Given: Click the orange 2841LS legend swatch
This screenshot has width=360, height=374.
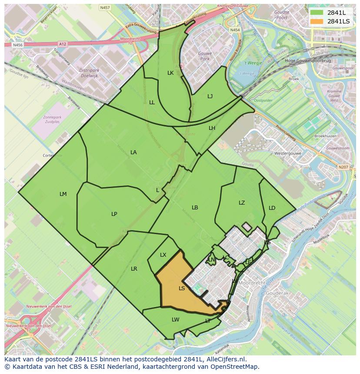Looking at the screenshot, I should [317, 21].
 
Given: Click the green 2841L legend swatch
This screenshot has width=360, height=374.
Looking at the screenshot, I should [317, 12].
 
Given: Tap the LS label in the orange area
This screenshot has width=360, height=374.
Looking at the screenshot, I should [182, 288].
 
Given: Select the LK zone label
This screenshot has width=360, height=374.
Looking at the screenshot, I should [170, 73].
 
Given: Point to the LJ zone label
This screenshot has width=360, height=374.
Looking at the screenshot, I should [210, 96].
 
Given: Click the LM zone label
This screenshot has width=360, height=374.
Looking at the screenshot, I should [63, 194].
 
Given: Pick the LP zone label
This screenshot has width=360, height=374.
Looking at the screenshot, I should [114, 214].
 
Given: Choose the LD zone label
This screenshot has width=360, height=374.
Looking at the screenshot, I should [272, 208].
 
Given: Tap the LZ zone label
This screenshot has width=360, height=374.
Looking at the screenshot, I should [242, 202].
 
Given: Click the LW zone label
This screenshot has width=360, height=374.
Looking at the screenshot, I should [175, 319].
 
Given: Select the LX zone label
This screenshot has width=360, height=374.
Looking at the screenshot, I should [163, 255].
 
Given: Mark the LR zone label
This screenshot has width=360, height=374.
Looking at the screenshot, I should [134, 269].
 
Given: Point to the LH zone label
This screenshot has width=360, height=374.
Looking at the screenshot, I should [212, 128].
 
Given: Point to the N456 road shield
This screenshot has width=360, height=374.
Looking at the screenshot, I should [17, 45].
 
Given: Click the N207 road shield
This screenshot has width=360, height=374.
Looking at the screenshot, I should [343, 167].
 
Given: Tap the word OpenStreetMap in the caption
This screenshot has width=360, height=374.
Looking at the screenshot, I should [236, 366].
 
